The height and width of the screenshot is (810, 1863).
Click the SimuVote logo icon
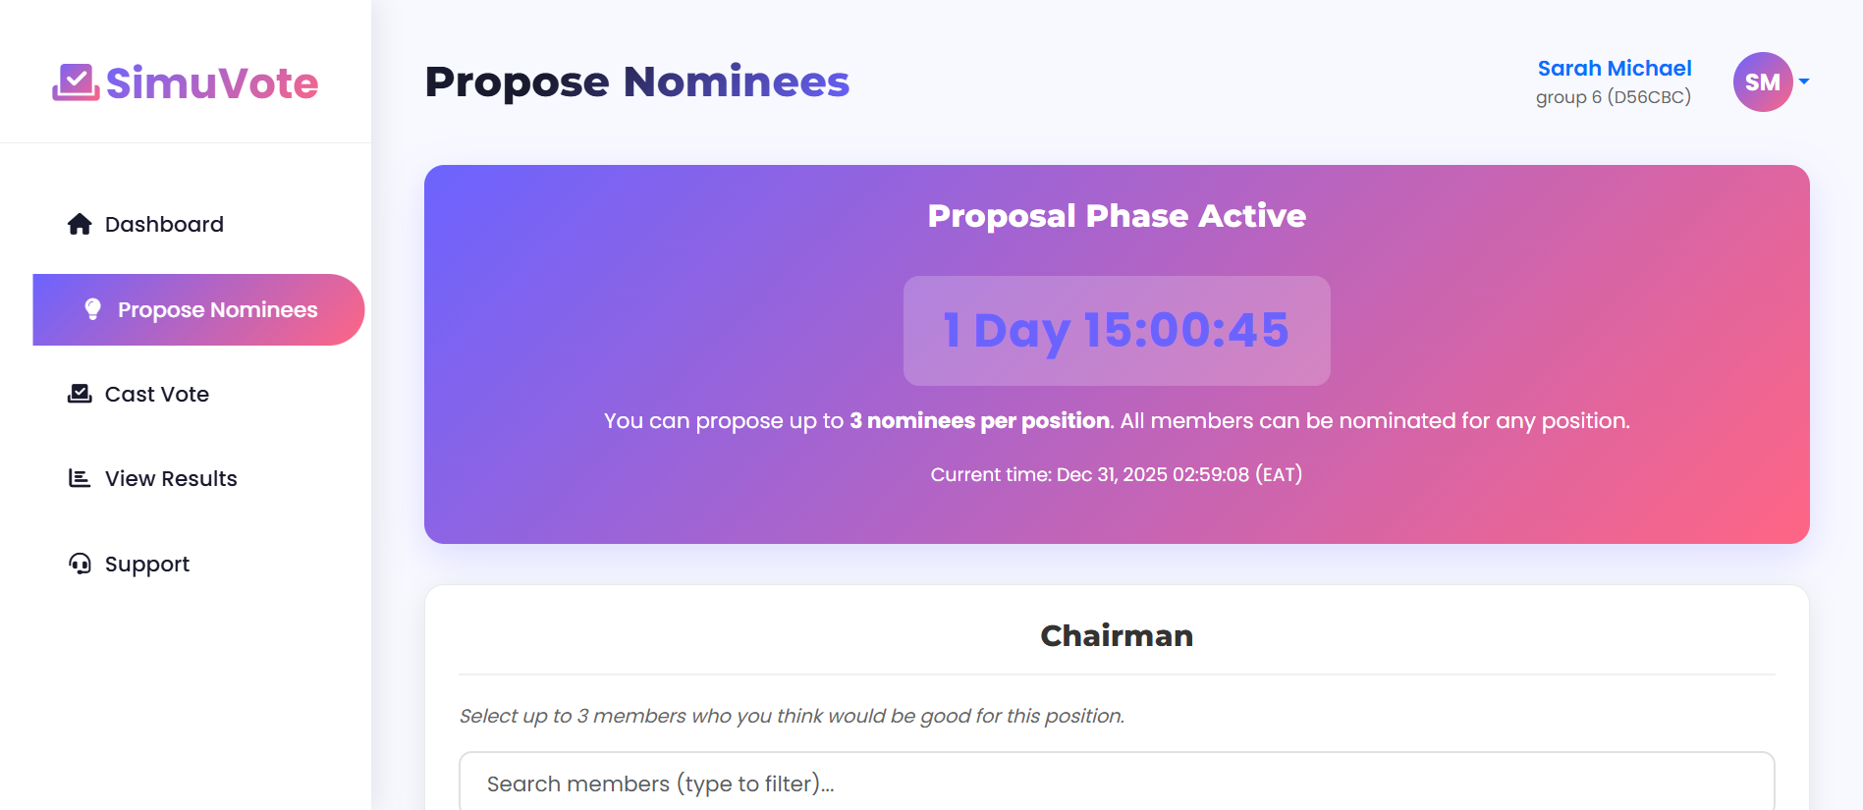click(x=75, y=82)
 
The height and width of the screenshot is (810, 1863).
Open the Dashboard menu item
click(x=163, y=225)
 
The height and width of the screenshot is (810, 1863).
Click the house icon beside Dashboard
click(x=80, y=225)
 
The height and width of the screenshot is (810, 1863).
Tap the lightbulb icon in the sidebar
click(x=92, y=309)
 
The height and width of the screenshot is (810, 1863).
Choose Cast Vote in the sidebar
click(x=156, y=395)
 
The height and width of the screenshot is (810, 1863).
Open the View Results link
click(x=170, y=479)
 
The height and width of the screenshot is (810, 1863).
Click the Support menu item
click(x=146, y=565)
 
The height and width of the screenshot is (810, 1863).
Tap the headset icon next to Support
click(x=80, y=564)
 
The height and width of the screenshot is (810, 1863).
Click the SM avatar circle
click(x=1762, y=82)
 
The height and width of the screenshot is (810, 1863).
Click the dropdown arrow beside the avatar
click(x=1804, y=82)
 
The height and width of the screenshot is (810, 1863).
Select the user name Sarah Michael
click(x=1614, y=69)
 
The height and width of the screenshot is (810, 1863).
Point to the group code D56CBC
click(x=1649, y=97)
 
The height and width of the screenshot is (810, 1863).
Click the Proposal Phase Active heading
click(x=1117, y=216)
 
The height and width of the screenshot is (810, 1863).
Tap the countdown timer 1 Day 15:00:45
click(x=1117, y=331)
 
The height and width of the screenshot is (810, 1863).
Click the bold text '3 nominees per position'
click(x=979, y=421)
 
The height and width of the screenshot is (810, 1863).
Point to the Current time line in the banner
click(x=1117, y=475)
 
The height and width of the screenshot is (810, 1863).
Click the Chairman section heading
click(x=1117, y=636)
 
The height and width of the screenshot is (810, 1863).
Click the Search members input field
click(x=1117, y=783)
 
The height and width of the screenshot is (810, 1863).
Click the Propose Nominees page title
click(x=636, y=82)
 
